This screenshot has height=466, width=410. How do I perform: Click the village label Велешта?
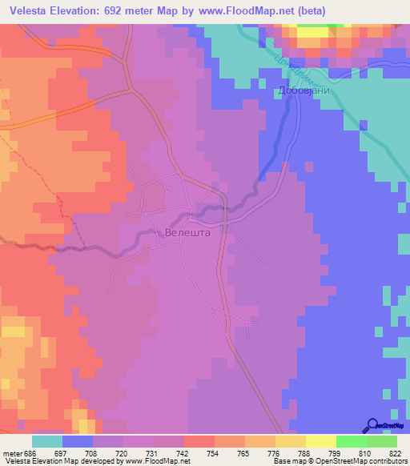tap(187, 232)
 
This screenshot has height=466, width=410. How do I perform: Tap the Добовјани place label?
tap(300, 90)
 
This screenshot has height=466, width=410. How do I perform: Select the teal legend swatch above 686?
tap(47, 441)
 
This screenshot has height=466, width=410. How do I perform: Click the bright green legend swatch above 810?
tap(352, 441)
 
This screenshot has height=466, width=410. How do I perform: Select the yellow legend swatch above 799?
tap(321, 441)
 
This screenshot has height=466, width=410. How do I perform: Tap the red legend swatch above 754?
tap(199, 441)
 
